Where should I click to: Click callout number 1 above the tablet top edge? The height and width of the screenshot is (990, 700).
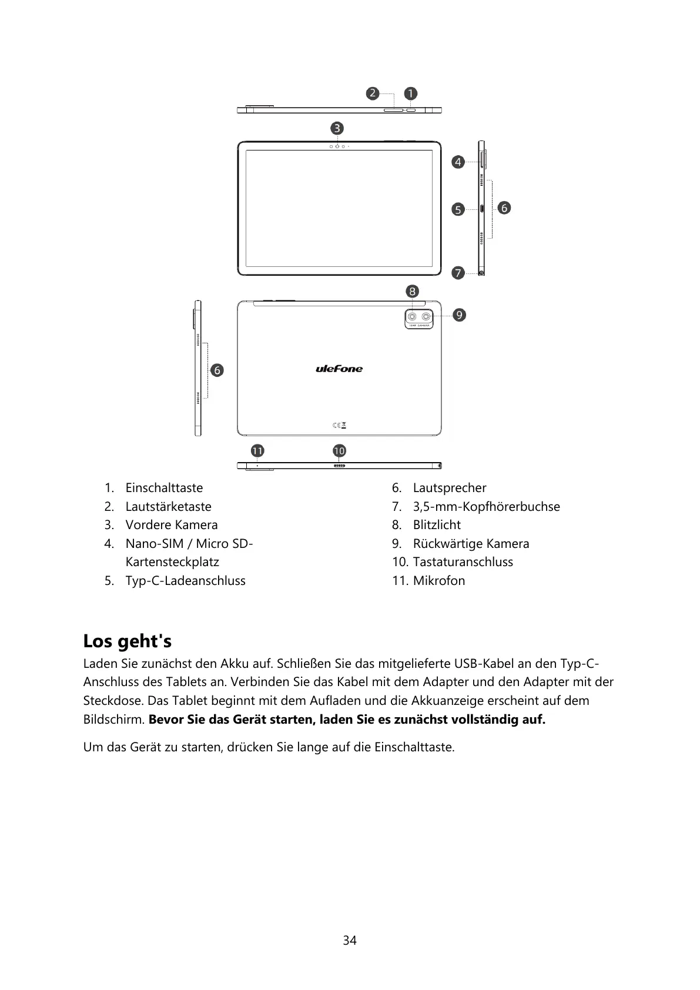410,93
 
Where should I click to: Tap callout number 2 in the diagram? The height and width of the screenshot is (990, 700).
372,93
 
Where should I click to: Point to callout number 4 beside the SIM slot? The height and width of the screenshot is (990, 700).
458,162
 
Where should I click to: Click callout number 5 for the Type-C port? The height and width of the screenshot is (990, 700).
458,209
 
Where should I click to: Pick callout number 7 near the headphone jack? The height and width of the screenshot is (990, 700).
458,273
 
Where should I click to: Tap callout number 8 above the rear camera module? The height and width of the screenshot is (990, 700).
412,292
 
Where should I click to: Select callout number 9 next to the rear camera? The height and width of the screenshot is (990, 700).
459,315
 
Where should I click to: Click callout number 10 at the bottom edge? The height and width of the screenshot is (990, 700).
339,451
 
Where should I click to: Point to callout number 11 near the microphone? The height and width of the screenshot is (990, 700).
257,451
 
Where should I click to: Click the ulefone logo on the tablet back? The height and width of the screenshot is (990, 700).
339,369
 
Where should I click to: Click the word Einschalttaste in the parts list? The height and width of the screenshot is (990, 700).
164,488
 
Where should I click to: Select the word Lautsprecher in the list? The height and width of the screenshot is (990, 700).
450,488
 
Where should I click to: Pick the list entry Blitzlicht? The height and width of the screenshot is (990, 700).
437,525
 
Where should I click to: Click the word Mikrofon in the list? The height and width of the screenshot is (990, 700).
439,581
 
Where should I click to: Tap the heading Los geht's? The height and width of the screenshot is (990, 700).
128,641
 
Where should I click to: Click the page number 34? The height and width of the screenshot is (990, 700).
350,941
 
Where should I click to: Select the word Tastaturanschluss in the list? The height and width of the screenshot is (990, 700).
463,562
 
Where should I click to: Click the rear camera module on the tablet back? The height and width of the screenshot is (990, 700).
419,318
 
